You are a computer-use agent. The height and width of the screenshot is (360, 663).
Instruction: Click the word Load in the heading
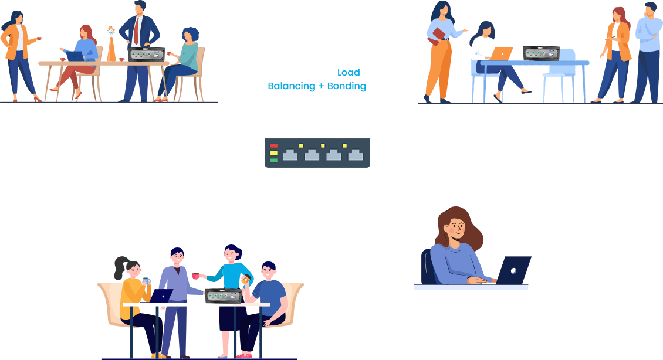point(349,73)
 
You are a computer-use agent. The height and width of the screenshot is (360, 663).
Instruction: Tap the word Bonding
point(347,86)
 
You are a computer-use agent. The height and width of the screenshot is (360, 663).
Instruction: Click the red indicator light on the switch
point(273,146)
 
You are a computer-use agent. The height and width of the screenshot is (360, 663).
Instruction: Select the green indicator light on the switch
point(273,160)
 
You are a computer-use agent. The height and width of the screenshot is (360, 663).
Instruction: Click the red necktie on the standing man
point(136,31)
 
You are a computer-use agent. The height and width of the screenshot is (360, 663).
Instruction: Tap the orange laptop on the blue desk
point(502,54)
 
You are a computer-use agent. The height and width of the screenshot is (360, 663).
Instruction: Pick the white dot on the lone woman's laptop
point(513,270)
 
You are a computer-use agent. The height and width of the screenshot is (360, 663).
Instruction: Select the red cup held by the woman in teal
point(195,276)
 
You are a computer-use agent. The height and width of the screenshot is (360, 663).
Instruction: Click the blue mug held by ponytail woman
point(146,281)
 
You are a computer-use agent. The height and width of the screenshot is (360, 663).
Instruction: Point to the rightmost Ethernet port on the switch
point(356,155)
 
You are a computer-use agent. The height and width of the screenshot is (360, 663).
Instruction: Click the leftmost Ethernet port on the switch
point(290,155)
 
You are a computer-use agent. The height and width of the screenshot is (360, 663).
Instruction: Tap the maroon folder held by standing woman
point(437,36)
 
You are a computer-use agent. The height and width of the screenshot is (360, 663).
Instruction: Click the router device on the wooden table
point(146,55)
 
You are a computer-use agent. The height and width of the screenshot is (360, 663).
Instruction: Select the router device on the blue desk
point(541,53)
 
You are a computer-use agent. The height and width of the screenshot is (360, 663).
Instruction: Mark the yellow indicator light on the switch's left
point(273,153)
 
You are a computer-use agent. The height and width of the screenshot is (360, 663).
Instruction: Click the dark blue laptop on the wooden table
point(75,56)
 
